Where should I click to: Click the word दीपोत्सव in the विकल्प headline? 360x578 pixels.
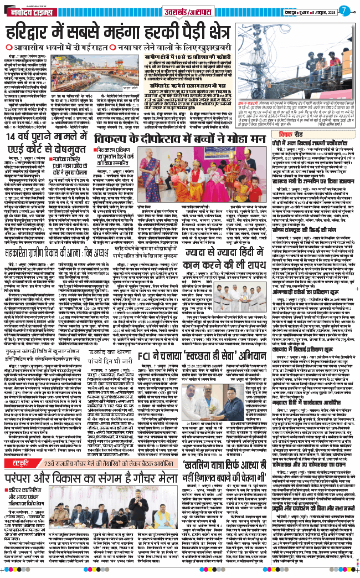click(x=160, y=140)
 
